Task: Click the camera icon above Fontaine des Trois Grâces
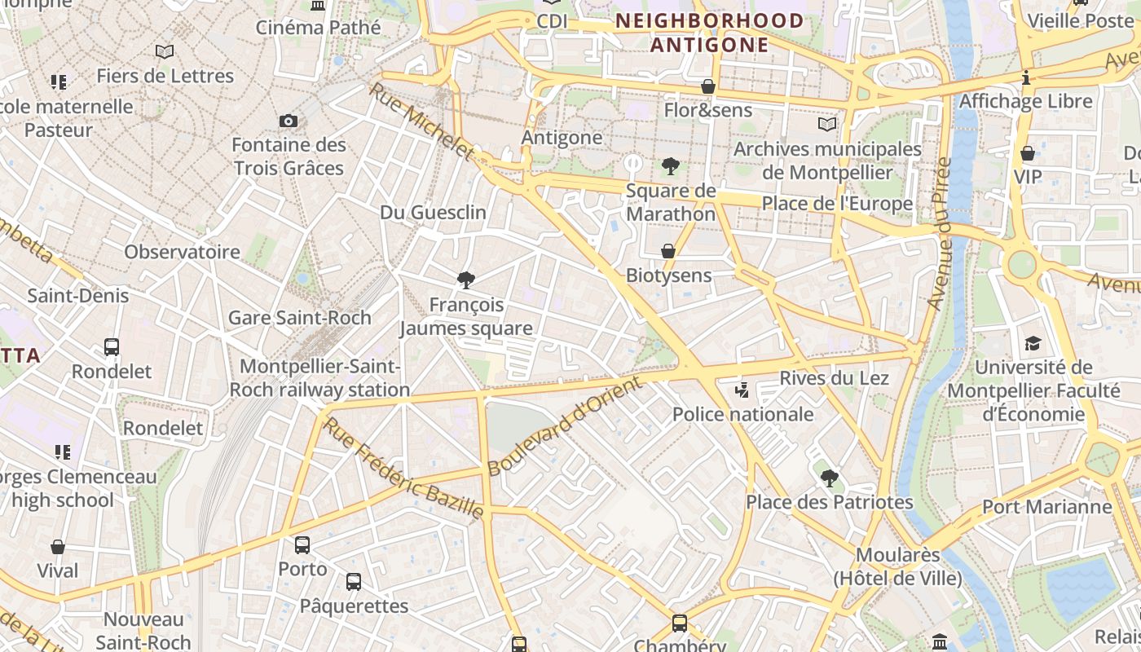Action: point(288,121)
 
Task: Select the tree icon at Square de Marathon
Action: point(670,167)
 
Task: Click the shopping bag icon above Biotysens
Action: point(668,251)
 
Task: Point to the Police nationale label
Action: point(742,414)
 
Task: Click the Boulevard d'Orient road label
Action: point(566,426)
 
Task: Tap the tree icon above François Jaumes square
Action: point(466,280)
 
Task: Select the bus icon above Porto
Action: point(302,544)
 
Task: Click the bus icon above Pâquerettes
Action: point(353,582)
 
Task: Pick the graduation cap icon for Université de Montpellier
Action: point(1033,343)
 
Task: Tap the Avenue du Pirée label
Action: point(941,234)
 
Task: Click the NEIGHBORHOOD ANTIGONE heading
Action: point(709,33)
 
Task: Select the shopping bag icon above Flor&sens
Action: point(708,86)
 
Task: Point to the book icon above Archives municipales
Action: point(827,125)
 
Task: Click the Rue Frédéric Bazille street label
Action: point(403,468)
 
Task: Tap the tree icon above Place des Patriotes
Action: point(829,478)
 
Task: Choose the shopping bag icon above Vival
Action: point(58,547)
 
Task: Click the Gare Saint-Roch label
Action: point(299,318)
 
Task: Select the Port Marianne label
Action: point(1046,507)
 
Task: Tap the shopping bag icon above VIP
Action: point(1028,152)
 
